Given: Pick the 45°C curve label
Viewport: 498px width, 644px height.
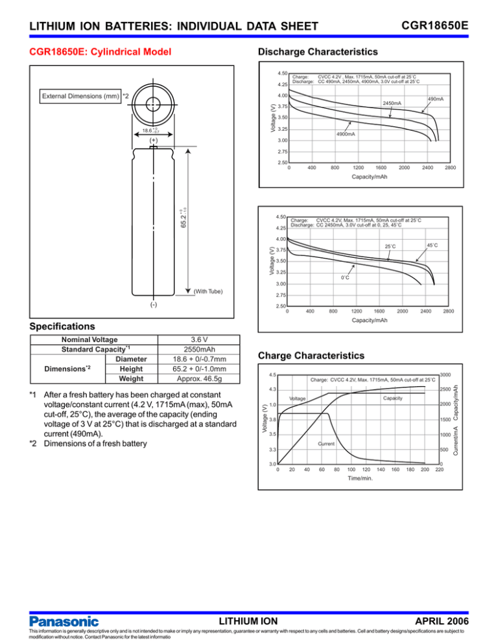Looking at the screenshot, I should (x=433, y=244).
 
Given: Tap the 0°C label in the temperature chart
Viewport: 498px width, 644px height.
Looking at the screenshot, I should (x=346, y=277).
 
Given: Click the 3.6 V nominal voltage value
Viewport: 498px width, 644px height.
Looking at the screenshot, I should (x=204, y=338).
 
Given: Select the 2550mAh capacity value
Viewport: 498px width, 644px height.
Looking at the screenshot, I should (x=204, y=348).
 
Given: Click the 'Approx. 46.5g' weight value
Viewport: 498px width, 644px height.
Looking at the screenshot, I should (x=204, y=379).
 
